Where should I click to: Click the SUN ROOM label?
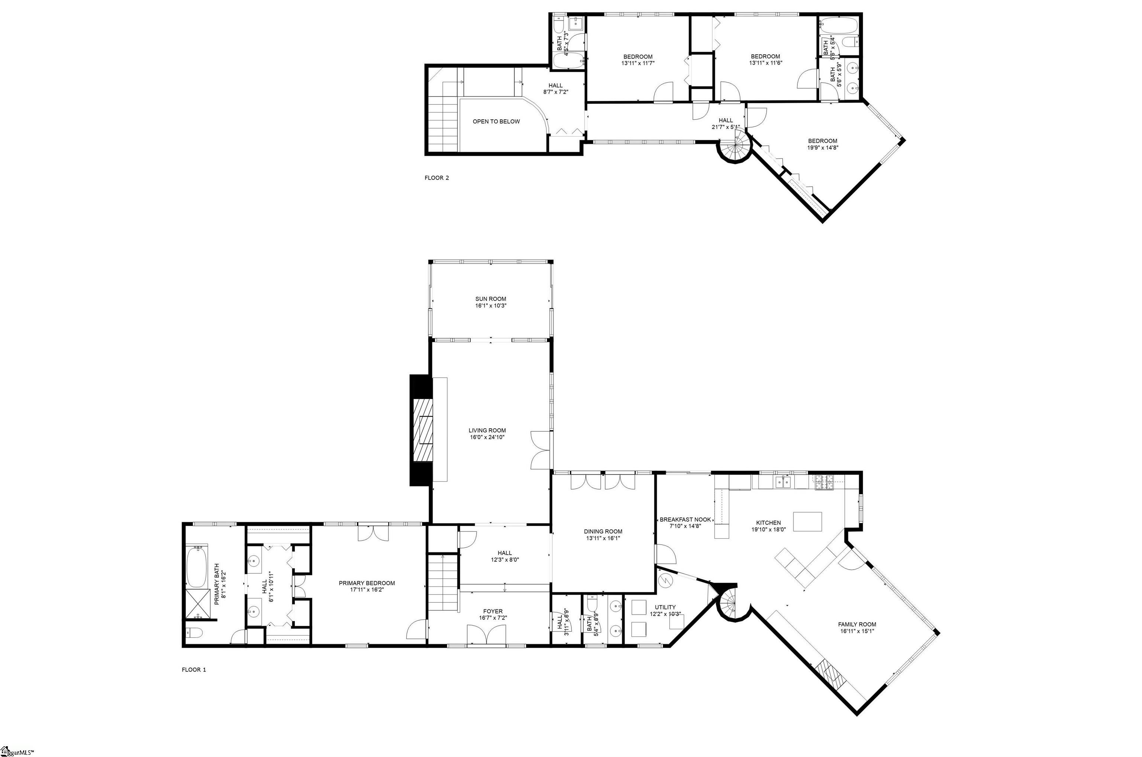[x=490, y=299]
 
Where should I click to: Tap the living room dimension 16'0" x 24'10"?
[x=487, y=437]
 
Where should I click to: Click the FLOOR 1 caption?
[x=194, y=670]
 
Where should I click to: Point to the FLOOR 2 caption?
[x=436, y=178]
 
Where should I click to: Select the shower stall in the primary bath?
[x=197, y=603]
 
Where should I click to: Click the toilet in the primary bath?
[x=194, y=632]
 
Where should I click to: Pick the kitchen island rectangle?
[x=807, y=521]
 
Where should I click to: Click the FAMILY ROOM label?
[x=857, y=624]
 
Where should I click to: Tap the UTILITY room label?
[x=665, y=607]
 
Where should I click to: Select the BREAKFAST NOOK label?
[x=685, y=519]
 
